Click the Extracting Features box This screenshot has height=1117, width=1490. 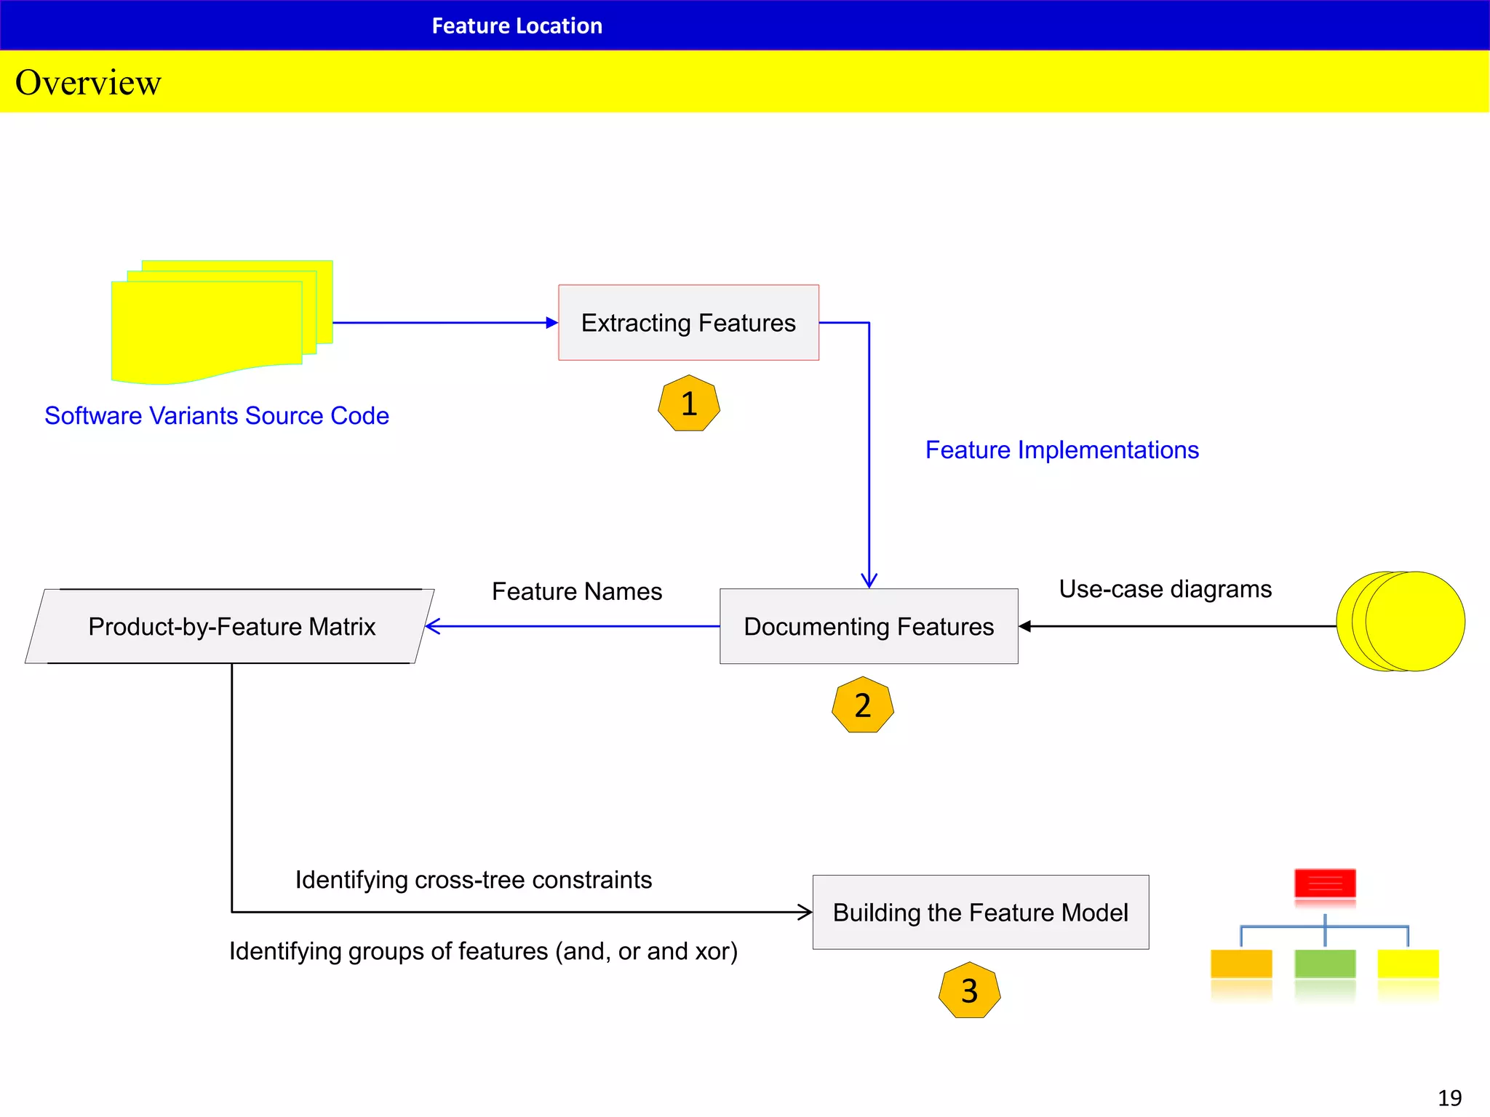pos(688,322)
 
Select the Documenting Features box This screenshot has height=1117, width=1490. pos(869,626)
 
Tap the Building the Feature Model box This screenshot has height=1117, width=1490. pos(980,912)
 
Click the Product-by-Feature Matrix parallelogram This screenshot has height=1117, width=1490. pos(231,626)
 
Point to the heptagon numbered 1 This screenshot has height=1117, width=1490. pos(688,404)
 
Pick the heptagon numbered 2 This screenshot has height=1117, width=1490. pos(862,705)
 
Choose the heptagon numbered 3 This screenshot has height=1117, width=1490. pos(969,990)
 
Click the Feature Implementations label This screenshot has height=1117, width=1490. pos(1061,450)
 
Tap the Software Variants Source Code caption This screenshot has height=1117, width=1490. pos(217,415)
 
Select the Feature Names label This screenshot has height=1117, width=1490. pos(577,591)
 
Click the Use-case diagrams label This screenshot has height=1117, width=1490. pos(1165,588)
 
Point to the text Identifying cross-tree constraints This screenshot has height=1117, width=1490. pos(473,880)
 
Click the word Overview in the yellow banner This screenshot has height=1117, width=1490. pos(88,82)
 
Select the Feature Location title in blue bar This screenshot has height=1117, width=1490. pos(517,25)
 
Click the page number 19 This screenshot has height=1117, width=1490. pos(1449,1097)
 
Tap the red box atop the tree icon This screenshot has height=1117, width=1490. pos(1325,883)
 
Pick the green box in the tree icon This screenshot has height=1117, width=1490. pos(1325,964)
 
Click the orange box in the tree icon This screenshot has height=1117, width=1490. pos(1241,964)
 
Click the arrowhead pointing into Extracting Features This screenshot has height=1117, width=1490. pos(552,322)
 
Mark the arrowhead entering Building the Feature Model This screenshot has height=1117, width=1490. pos(805,912)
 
